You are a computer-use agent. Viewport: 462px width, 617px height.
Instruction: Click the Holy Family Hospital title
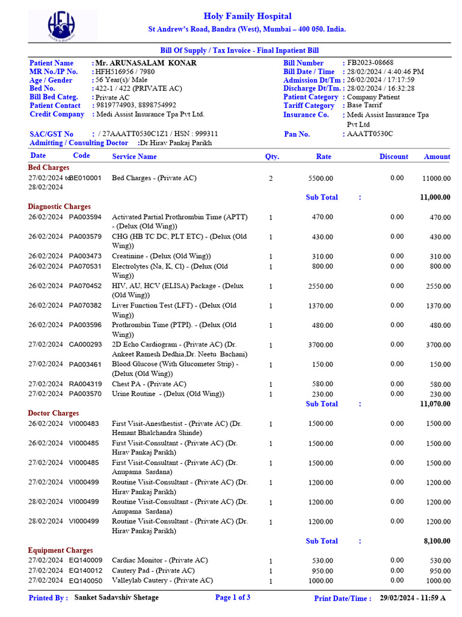tap(247, 16)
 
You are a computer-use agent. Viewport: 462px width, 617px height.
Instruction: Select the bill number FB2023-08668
tap(371, 63)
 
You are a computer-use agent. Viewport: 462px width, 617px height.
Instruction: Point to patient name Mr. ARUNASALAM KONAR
tap(146, 63)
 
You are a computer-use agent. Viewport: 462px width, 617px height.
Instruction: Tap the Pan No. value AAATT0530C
tap(370, 134)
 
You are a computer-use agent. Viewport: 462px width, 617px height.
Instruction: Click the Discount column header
tap(393, 157)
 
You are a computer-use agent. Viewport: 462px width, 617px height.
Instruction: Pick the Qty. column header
tap(272, 157)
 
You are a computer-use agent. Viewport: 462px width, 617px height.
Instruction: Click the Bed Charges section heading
tap(49, 168)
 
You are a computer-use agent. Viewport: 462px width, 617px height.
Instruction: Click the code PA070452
tap(85, 286)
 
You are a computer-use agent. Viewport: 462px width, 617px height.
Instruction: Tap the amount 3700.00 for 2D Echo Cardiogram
tap(438, 345)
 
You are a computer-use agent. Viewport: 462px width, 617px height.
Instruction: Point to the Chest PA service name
tap(149, 384)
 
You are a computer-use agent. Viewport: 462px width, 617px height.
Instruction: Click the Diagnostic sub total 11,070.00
tap(434, 404)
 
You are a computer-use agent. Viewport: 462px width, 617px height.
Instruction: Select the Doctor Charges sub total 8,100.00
tap(437, 542)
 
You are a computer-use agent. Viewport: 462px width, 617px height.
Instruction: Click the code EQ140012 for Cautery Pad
tap(85, 570)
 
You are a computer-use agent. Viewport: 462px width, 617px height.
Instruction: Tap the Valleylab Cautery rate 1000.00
tap(321, 581)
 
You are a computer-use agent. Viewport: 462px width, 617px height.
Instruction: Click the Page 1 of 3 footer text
tap(233, 598)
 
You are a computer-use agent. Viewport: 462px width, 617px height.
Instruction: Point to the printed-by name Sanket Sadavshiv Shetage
tap(117, 598)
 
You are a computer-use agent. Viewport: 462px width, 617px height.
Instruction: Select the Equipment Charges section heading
tap(60, 550)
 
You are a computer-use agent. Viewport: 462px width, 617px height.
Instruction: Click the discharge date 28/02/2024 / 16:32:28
tap(381, 88)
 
